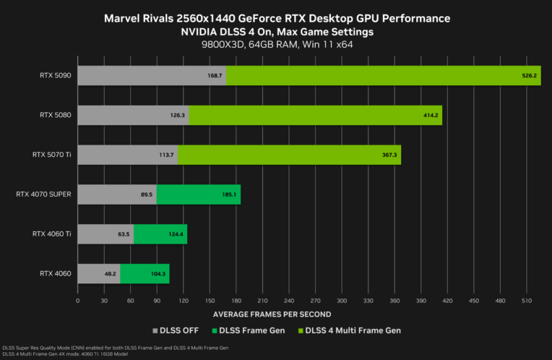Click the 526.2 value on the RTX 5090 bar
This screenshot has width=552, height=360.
click(530, 74)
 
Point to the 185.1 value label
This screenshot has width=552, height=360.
click(231, 194)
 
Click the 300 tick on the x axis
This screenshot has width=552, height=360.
click(342, 300)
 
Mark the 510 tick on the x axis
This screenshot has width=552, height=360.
click(527, 300)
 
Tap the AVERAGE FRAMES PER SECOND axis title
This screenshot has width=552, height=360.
click(272, 314)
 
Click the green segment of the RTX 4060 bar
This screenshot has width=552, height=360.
click(145, 273)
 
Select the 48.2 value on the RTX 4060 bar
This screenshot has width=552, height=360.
click(111, 273)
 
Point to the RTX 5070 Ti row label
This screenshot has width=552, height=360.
click(51, 154)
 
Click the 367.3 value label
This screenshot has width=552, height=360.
click(390, 154)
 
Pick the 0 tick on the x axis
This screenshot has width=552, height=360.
click(78, 300)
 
